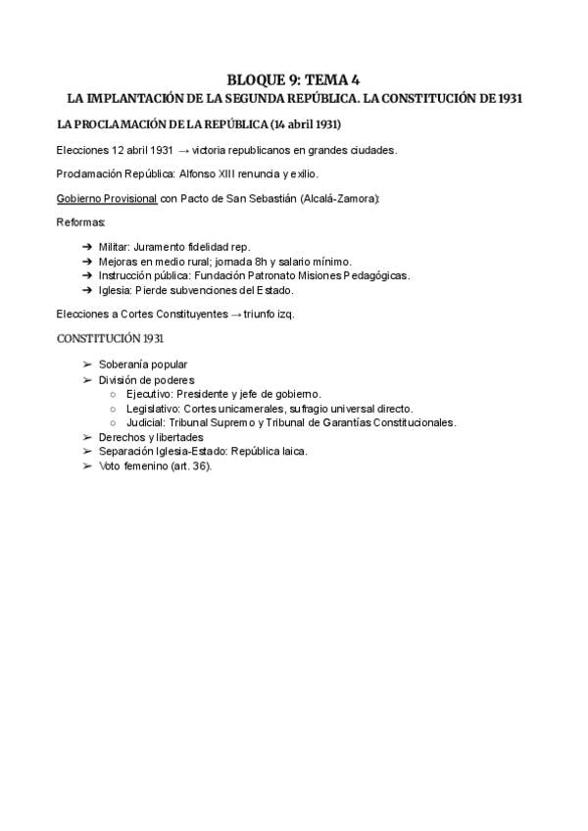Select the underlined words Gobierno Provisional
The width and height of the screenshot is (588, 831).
coord(107,199)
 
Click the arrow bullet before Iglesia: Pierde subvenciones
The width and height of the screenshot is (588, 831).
coord(87,290)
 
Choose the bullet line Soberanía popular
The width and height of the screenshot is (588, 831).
coord(142,365)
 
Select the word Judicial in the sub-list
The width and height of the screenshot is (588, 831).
coord(146,423)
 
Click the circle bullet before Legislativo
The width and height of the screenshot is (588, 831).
coord(114,409)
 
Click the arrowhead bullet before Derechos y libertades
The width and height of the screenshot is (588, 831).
coord(87,437)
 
